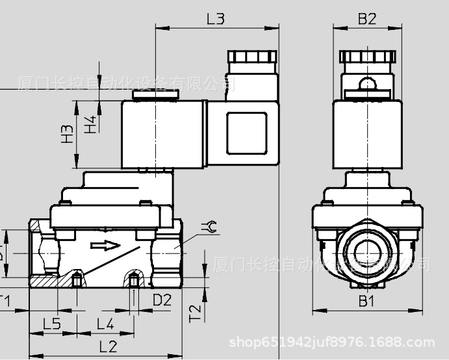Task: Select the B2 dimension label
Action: (x=367, y=19)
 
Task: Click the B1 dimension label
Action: (x=367, y=301)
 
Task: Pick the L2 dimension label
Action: (x=108, y=346)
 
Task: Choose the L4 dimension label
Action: (x=105, y=323)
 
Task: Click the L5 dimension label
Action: (x=52, y=323)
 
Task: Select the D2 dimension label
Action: (x=162, y=300)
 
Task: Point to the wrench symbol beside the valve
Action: (x=209, y=227)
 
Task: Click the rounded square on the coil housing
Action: (x=246, y=134)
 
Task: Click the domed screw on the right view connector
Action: (x=367, y=83)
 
